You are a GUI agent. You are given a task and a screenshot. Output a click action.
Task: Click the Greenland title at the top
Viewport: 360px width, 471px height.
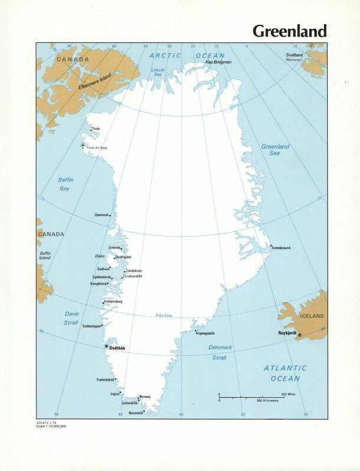pos(289,31)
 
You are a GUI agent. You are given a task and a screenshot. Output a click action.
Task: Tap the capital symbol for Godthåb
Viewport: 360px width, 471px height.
pos(106,346)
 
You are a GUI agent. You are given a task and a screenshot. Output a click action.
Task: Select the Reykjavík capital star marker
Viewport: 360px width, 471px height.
pos(299,335)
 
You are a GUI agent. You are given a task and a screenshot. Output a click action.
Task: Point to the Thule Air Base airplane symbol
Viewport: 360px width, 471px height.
pos(83,146)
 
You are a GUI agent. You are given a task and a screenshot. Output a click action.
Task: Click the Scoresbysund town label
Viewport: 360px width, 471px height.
pos(282,248)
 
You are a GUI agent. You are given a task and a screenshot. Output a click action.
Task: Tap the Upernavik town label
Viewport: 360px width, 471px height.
pos(102,215)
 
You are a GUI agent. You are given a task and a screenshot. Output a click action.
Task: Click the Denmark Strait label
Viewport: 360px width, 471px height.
pos(221,352)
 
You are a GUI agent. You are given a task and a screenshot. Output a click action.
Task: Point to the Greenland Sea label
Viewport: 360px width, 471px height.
pos(275,149)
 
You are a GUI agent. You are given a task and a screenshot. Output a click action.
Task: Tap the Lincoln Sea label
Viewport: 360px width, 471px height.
pos(158,72)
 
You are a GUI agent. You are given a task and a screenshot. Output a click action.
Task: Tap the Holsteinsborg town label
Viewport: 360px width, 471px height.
pos(113,302)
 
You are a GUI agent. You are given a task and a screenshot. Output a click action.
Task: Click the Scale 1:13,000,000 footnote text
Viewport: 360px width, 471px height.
pos(51,426)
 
